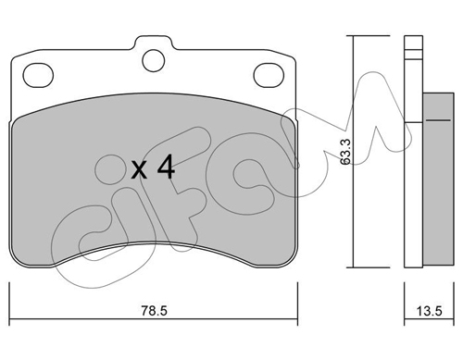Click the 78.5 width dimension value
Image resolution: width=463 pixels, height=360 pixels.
pos(154,311)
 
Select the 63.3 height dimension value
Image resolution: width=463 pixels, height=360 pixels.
pos(345,152)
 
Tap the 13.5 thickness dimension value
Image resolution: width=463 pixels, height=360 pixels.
pos(430,311)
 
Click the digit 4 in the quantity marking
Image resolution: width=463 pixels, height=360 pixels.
pos(166,167)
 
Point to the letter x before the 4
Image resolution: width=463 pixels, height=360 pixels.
pos(139,170)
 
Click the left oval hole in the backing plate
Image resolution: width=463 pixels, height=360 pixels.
pos(38,75)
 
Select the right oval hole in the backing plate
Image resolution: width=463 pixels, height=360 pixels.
pos(269,75)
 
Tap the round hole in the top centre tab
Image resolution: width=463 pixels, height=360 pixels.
pos(154,60)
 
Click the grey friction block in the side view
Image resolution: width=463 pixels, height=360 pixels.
pos(438,179)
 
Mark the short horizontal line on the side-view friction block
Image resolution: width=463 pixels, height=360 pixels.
pos(438,119)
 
